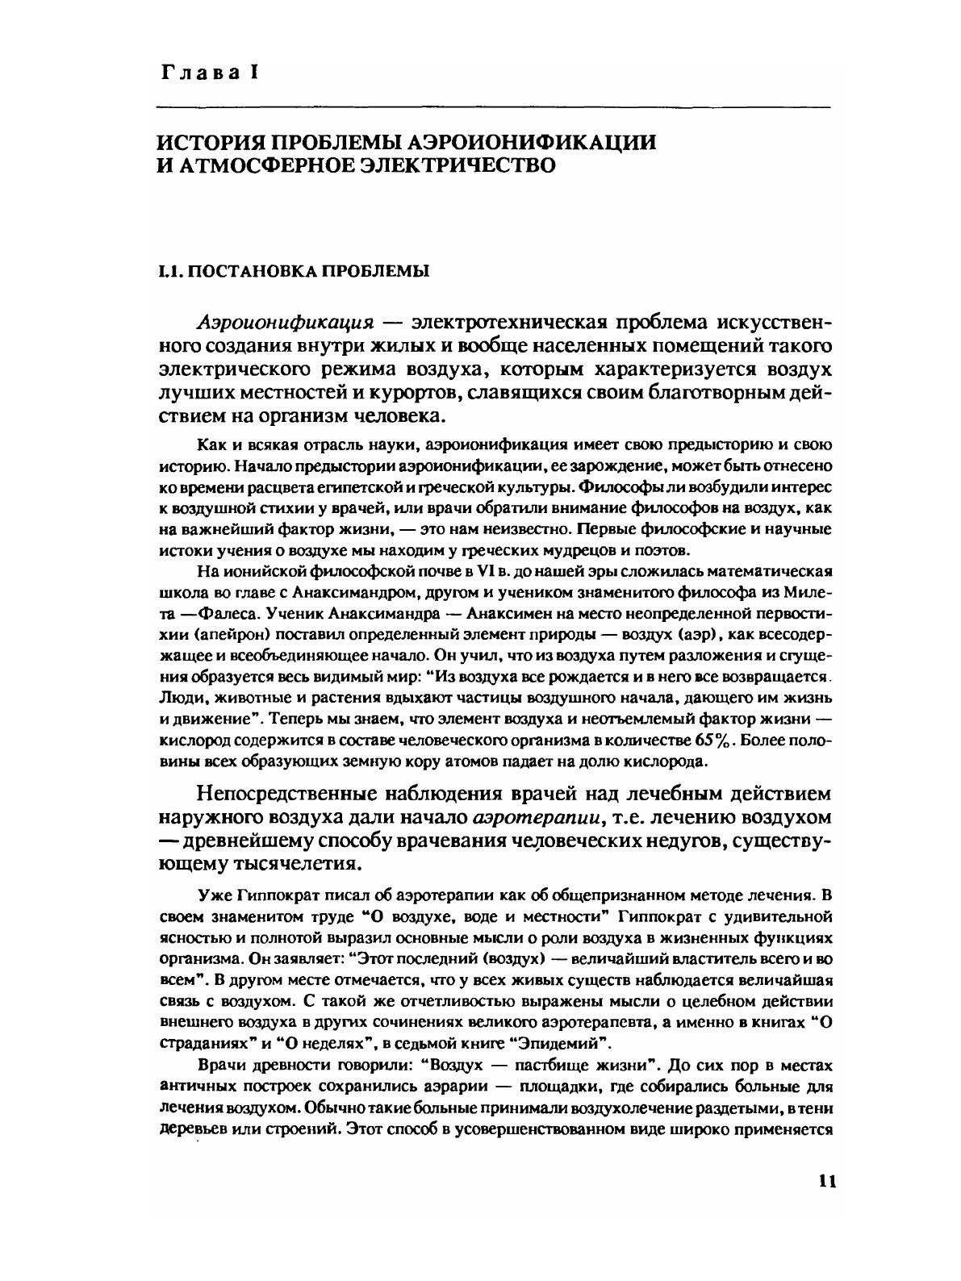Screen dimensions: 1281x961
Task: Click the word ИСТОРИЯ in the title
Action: (208, 142)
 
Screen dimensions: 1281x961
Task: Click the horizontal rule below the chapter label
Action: (492, 107)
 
